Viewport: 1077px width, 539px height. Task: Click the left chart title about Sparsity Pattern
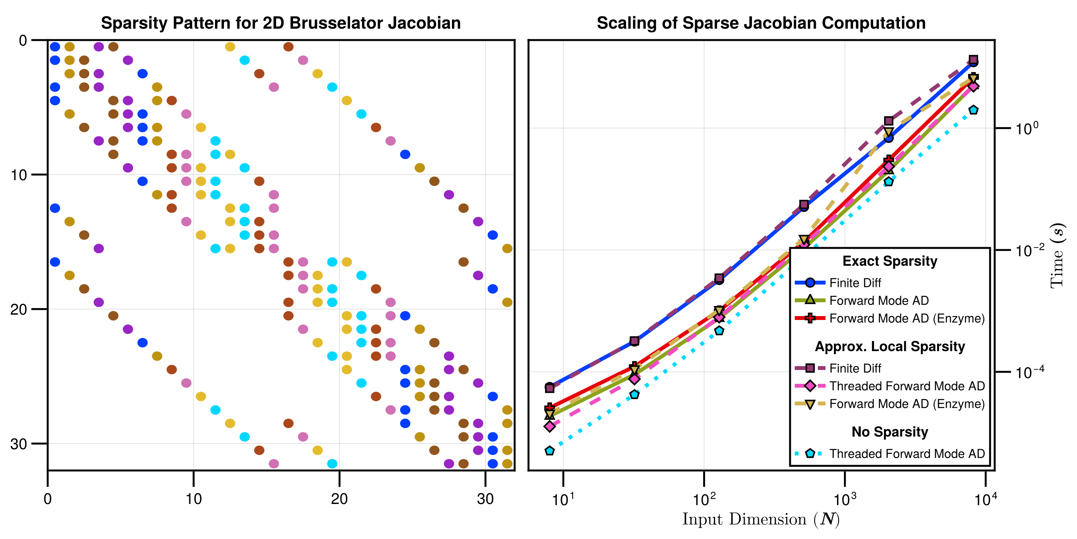[280, 23]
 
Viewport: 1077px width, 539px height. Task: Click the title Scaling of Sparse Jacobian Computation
[761, 23]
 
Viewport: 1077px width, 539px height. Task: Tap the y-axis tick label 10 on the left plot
[18, 175]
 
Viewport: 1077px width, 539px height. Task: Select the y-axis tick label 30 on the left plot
[18, 444]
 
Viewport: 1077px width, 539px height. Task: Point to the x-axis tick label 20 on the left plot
[339, 499]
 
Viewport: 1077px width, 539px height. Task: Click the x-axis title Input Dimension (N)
[761, 519]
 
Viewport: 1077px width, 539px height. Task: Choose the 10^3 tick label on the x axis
[845, 499]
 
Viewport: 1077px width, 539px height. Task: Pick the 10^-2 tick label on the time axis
[1030, 250]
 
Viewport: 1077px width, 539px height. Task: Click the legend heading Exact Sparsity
[890, 261]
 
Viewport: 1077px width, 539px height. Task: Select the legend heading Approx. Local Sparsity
[890, 346]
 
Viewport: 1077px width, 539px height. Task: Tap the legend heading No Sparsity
[890, 432]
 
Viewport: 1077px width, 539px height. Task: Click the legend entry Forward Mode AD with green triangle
[879, 300]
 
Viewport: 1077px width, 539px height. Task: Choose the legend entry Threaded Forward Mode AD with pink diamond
[907, 386]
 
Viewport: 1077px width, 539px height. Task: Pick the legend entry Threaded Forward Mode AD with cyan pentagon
[907, 454]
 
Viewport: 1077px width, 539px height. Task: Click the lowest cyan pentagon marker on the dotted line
[550, 451]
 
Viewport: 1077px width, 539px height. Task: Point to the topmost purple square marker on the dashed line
[973, 59]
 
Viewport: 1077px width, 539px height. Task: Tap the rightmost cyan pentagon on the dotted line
[973, 110]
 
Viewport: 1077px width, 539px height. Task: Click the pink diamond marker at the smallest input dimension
[550, 427]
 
